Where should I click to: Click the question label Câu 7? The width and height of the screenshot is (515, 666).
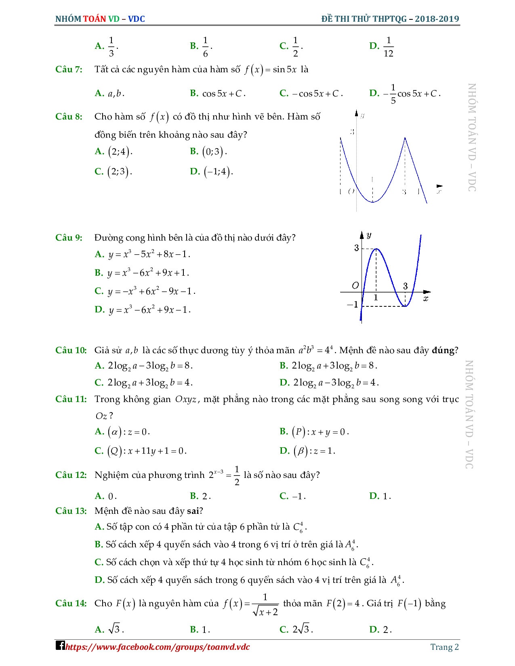(x=69, y=69)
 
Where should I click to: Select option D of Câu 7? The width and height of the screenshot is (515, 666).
(x=404, y=94)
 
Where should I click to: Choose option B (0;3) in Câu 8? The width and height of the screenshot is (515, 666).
(x=208, y=152)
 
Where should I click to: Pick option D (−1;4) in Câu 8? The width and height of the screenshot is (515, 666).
(x=212, y=172)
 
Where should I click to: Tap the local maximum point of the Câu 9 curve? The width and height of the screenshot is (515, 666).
(x=376, y=249)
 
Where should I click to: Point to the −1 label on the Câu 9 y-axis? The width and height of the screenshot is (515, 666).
(x=353, y=304)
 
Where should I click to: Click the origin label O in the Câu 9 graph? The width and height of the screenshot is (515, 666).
(x=355, y=286)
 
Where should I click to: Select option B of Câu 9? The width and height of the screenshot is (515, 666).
(x=142, y=273)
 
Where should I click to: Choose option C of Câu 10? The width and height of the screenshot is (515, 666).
(x=143, y=382)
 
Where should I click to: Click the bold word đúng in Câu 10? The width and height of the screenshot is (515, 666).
(x=443, y=350)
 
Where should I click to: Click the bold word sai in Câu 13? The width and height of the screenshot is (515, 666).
(x=193, y=511)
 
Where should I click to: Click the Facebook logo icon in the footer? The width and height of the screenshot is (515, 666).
(x=60, y=645)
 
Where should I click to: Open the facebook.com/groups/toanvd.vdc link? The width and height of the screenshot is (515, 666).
(x=158, y=647)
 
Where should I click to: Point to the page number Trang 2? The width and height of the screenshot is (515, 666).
(x=444, y=647)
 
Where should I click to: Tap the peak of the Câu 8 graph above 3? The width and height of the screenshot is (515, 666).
(x=405, y=138)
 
